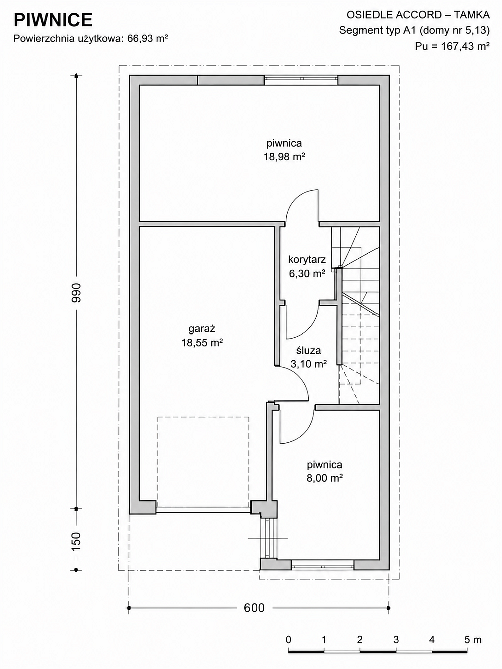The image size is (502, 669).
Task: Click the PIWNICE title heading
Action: [x=53, y=20]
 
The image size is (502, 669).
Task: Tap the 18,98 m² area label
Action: [x=284, y=157]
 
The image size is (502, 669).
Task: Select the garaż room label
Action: [x=202, y=329]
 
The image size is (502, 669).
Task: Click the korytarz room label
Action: [x=307, y=259]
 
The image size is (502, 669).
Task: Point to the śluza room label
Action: [x=308, y=350]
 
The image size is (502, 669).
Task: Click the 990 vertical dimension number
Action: [x=76, y=293]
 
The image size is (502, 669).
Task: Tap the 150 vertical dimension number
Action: [x=76, y=542]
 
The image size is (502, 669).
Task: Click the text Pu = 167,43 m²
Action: [x=452, y=46]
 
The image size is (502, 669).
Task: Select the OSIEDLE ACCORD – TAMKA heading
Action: [x=419, y=15]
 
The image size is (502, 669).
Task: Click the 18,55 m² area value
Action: [x=202, y=343]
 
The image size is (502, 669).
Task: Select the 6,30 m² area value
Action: [x=307, y=274]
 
